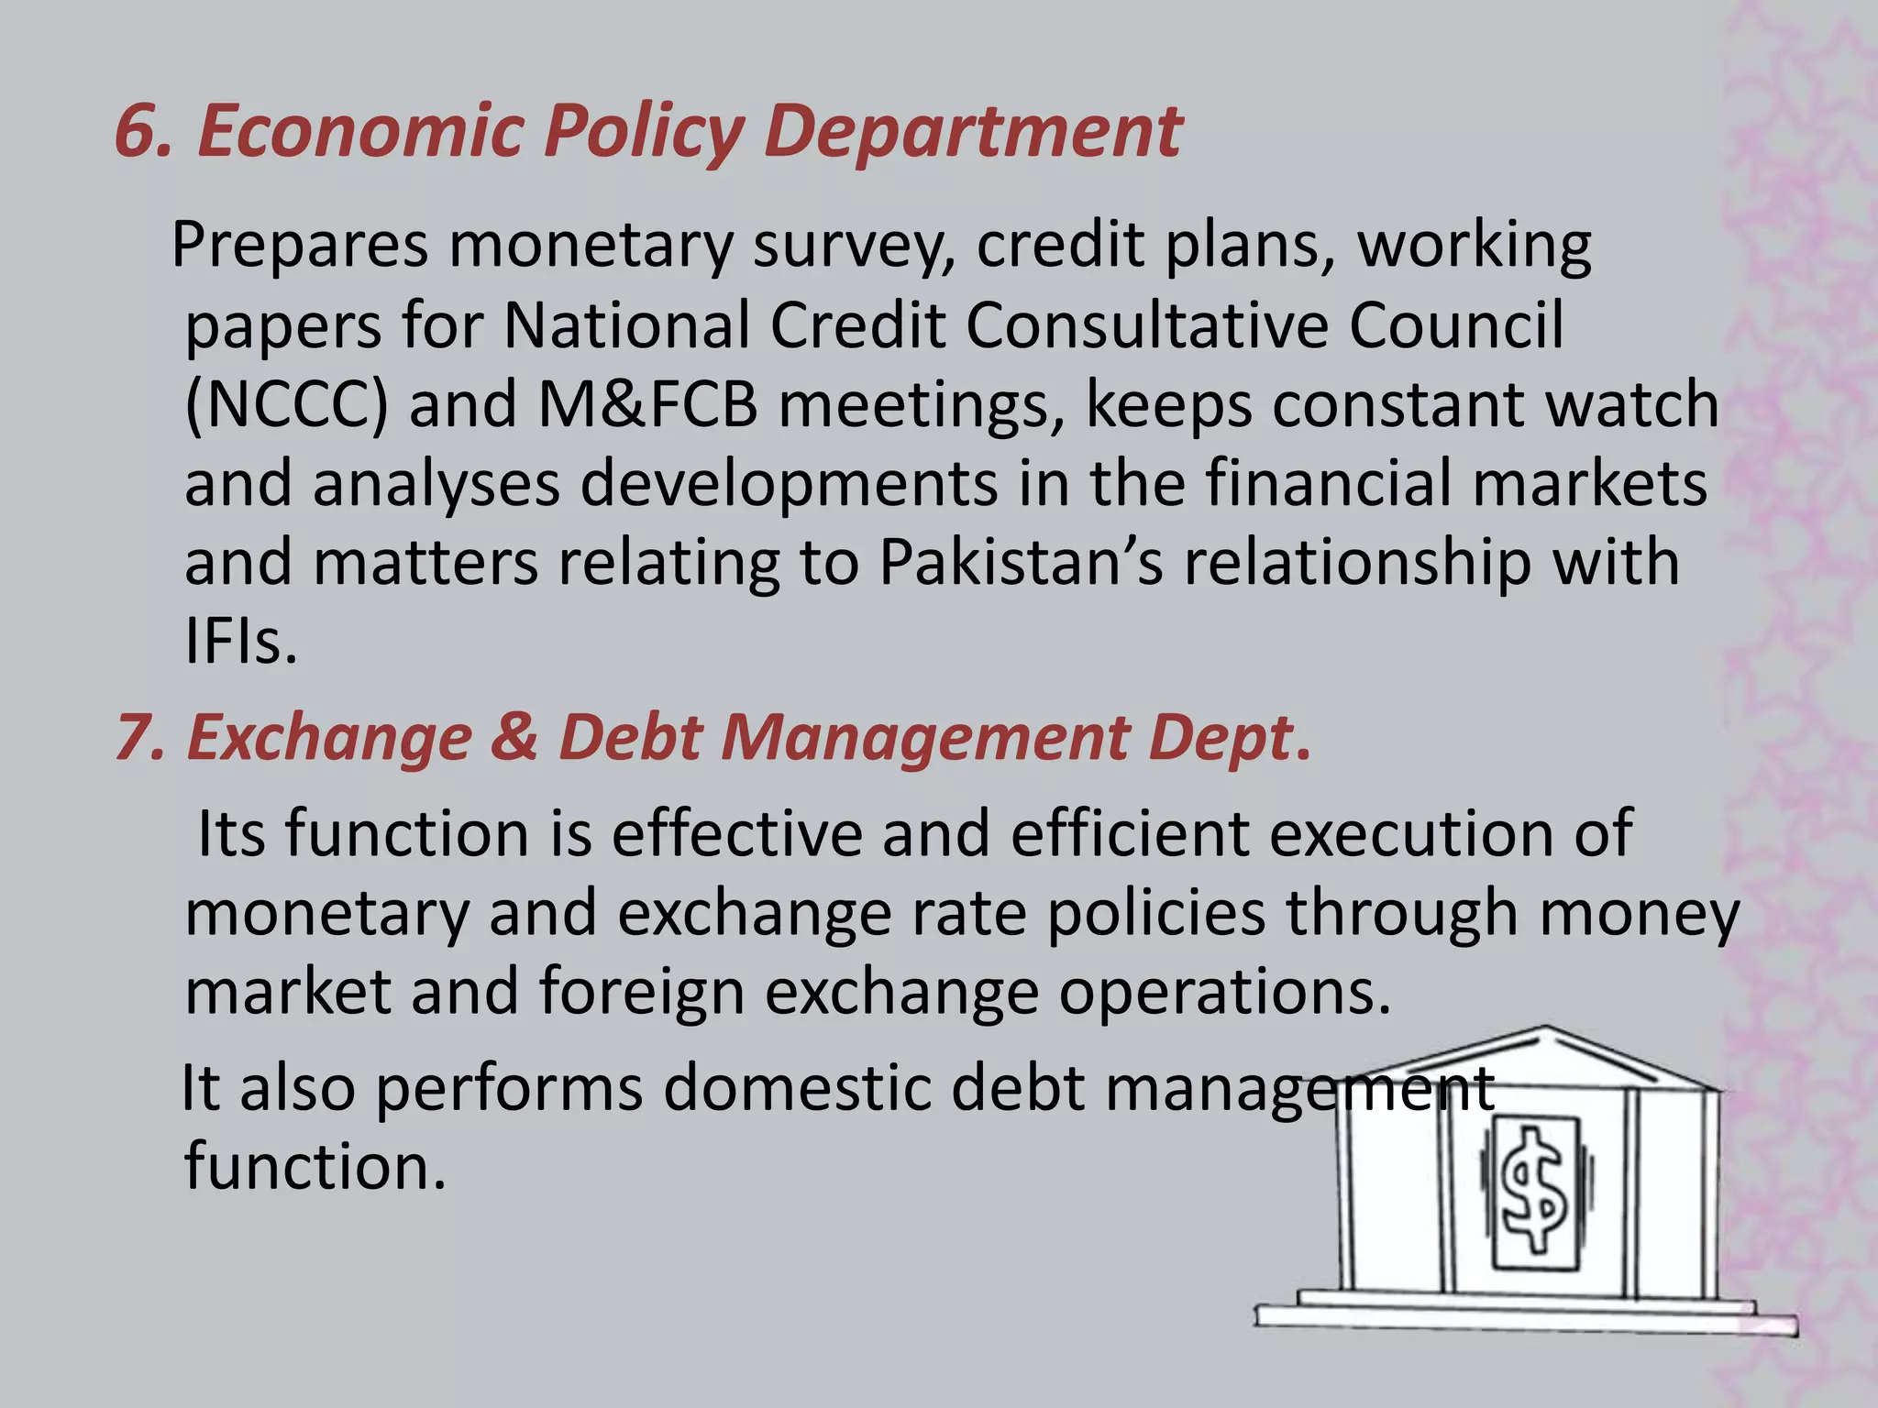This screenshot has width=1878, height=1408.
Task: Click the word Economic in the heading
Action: click(359, 131)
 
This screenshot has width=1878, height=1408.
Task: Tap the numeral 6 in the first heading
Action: click(138, 131)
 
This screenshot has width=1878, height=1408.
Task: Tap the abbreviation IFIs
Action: click(240, 642)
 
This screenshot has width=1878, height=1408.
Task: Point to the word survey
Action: click(854, 246)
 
